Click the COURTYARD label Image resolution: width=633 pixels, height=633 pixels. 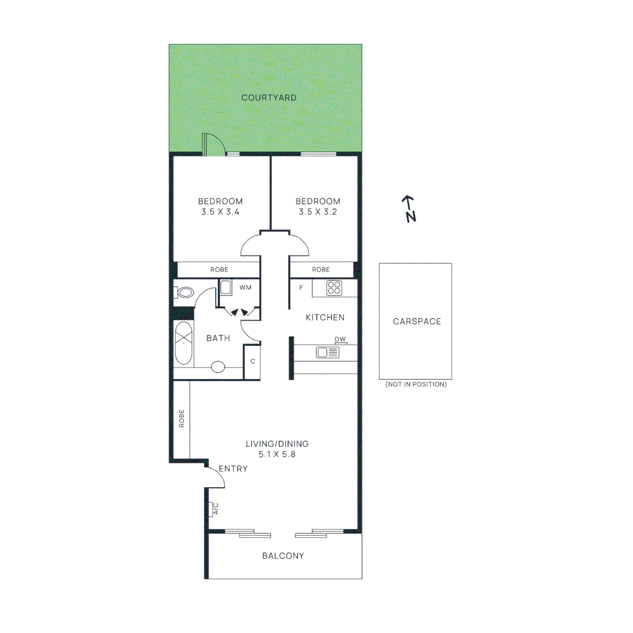click(269, 98)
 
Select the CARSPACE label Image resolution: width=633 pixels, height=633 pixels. click(417, 321)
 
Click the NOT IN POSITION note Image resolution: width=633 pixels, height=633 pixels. click(416, 384)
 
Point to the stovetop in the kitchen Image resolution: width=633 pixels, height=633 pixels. click(334, 288)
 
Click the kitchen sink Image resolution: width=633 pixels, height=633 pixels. click(328, 352)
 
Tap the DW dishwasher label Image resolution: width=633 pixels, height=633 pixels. click(340, 339)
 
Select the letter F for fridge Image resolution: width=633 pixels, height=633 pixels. click(301, 288)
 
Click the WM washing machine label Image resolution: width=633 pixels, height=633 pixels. click(245, 288)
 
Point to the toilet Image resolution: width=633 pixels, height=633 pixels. click(185, 292)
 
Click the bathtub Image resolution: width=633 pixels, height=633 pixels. click(183, 343)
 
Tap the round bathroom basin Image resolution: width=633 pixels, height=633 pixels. click(218, 367)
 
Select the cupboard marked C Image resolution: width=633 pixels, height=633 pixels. click(253, 361)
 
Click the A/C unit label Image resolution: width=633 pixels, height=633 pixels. click(215, 509)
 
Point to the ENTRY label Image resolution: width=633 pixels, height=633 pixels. click(233, 469)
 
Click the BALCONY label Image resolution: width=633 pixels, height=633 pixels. click(283, 556)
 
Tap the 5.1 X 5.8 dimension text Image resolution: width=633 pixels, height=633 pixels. click(277, 454)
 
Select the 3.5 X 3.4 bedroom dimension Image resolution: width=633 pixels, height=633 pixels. click(220, 212)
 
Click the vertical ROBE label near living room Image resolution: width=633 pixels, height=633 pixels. click(182, 418)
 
